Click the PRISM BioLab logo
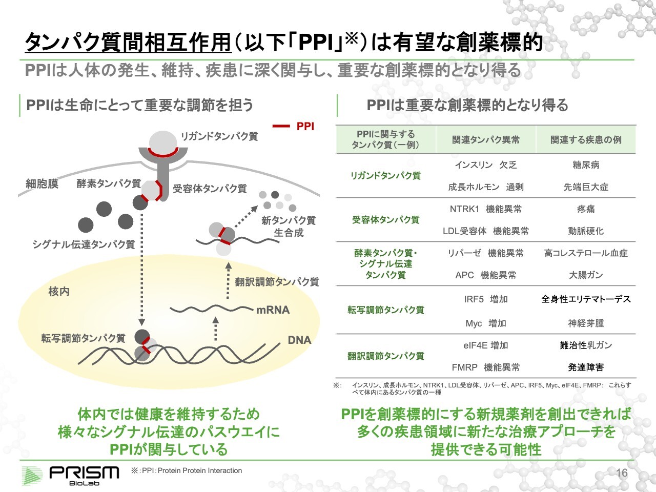[70, 475]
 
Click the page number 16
[622, 473]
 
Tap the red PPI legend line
[281, 126]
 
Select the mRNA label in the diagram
[273, 310]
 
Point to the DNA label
[299, 340]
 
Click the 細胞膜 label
[42, 183]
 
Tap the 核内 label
[58, 291]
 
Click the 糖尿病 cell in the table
[586, 165]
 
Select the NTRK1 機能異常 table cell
[485, 209]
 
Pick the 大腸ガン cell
[586, 275]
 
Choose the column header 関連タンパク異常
[485, 139]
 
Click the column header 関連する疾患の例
[586, 139]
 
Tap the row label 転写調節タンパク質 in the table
[385, 310]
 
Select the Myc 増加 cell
[485, 323]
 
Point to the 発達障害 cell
[586, 367]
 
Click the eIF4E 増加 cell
[485, 345]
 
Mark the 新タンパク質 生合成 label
[289, 226]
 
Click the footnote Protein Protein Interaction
[200, 470]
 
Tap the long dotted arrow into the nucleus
[142, 266]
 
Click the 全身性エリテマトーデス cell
[586, 299]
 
